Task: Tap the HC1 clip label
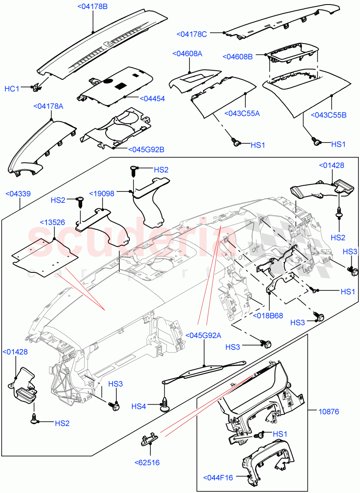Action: [12, 88]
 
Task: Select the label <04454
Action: [152, 99]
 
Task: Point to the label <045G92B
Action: [146, 150]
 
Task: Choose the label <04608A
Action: [187, 54]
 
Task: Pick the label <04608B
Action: [238, 57]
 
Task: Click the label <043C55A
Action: [242, 113]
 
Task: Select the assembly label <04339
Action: [18, 193]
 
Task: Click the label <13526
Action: [52, 222]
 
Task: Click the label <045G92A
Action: [203, 335]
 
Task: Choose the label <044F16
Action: [218, 477]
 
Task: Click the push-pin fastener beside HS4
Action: [165, 405]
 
